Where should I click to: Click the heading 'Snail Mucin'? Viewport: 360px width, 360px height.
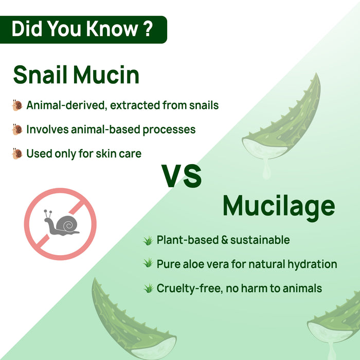[76, 75]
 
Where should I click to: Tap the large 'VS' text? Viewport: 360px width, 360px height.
[182, 176]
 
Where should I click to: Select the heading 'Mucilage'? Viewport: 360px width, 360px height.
[279, 207]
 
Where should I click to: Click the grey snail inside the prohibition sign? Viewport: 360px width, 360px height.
[61, 224]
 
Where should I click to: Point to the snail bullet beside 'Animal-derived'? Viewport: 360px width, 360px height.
[17, 105]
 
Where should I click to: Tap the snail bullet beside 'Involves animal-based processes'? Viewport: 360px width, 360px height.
[17, 129]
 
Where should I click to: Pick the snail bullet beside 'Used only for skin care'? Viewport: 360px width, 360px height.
[17, 153]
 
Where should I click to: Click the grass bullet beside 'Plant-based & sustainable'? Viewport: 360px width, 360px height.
[148, 240]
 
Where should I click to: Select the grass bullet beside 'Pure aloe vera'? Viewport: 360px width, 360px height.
[148, 264]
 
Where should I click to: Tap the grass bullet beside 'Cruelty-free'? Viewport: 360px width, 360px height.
[148, 288]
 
